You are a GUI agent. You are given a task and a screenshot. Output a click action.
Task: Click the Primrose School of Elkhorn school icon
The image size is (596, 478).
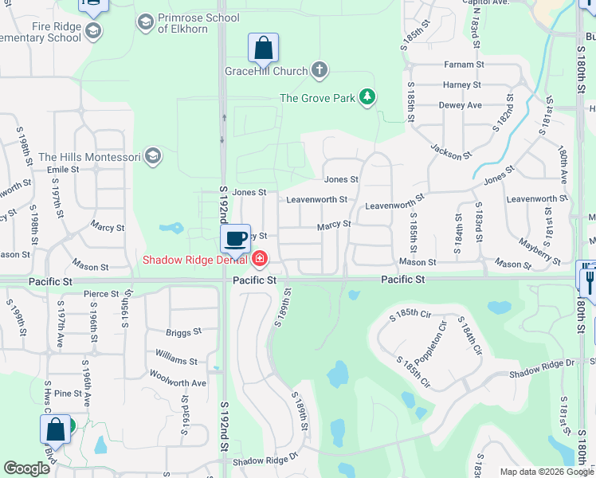click(145, 22)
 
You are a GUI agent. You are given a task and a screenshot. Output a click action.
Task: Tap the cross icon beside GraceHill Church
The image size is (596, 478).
click(319, 71)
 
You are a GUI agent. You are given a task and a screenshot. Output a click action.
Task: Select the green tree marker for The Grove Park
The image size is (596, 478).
click(367, 98)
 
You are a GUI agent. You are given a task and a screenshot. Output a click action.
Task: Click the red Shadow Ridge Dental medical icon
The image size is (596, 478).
click(259, 259)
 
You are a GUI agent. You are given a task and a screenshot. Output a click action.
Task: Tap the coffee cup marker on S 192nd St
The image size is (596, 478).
click(235, 238)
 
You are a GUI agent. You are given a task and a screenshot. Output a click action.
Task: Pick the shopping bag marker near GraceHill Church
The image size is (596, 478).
click(263, 49)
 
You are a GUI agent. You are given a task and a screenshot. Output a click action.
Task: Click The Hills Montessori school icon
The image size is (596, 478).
click(153, 157)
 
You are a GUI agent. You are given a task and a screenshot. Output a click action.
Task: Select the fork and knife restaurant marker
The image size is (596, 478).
click(588, 276)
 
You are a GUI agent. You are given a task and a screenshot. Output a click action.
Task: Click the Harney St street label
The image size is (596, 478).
click(462, 84)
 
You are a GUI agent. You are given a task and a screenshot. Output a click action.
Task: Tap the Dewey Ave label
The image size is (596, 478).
click(461, 105)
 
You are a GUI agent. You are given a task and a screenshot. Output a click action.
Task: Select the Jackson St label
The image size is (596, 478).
click(446, 151)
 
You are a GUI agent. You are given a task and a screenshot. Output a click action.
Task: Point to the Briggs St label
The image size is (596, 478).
click(184, 333)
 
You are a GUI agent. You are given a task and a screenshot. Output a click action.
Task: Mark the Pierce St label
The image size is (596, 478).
click(101, 294)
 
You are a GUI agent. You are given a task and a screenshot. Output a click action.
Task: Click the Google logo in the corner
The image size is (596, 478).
click(27, 468)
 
